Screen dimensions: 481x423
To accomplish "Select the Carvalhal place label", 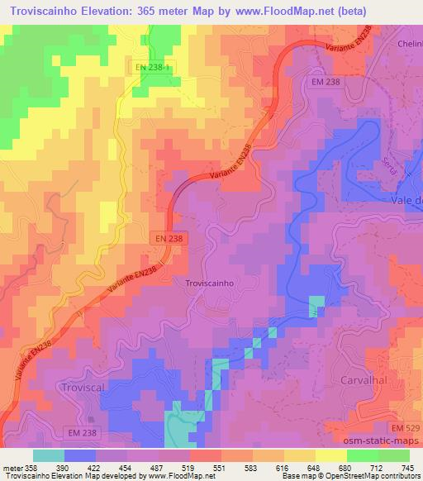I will pyautogui.click(x=363, y=379).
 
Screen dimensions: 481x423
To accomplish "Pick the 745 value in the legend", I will pyautogui.click(x=406, y=467).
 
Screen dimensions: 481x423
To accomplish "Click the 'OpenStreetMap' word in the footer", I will pyautogui.click(x=351, y=476).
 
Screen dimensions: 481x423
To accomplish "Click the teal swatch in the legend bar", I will pyautogui.click(x=48, y=455).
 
